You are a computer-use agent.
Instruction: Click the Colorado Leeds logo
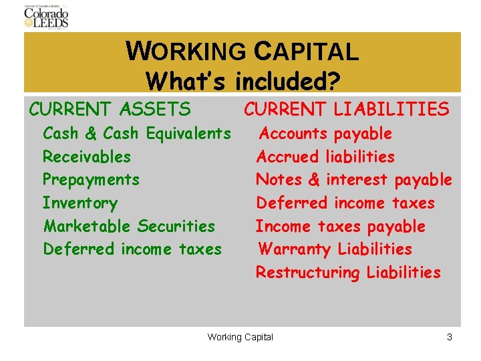[x=46, y=16]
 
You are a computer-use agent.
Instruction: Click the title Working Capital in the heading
[x=242, y=51]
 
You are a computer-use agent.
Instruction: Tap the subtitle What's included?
[x=243, y=81]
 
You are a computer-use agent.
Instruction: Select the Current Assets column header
[x=110, y=108]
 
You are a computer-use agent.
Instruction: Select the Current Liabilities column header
[x=346, y=108]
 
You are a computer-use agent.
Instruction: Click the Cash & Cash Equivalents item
[x=137, y=134]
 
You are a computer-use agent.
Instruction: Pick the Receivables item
[x=87, y=157]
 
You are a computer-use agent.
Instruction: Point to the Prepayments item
[x=91, y=180]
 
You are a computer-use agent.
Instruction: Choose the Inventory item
[x=80, y=203]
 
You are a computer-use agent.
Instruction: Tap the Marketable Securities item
[x=130, y=226]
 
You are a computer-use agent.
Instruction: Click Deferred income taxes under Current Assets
[x=132, y=249]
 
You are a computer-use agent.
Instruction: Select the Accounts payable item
[x=325, y=134]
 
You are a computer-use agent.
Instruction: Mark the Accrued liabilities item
[x=325, y=157]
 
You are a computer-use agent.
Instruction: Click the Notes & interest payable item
[x=354, y=180]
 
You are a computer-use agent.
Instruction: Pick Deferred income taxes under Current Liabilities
[x=345, y=203]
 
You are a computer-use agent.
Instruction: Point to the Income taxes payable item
[x=341, y=226]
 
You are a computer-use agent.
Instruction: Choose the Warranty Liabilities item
[x=335, y=249]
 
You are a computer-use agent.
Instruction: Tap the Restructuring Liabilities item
[x=348, y=273]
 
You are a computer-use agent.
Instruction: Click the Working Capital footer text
[x=240, y=337]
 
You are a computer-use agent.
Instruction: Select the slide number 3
[x=450, y=337]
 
